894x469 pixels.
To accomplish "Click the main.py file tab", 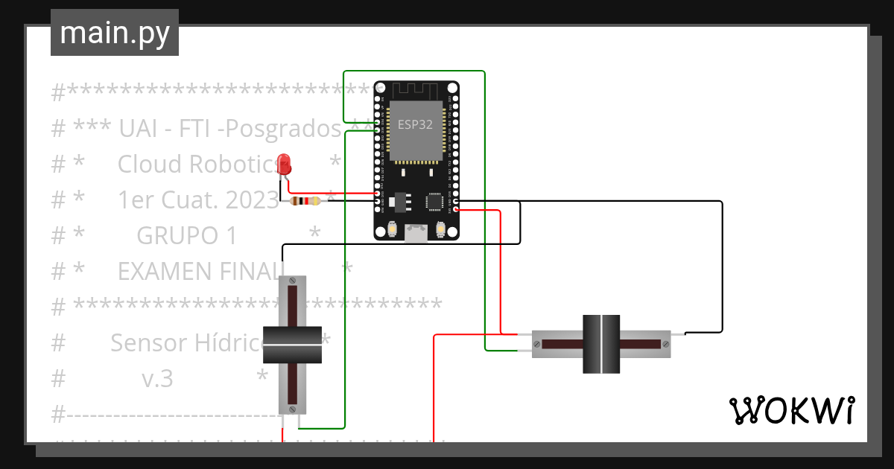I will [114, 33].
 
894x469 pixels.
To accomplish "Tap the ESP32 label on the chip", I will [415, 124].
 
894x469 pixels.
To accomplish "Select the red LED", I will [284, 164].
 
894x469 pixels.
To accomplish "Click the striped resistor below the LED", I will [305, 201].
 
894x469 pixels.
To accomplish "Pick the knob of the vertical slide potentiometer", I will [293, 345].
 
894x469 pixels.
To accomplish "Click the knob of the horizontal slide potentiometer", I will [600, 344].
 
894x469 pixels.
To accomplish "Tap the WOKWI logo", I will [790, 410].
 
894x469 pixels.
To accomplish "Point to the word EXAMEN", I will [166, 271].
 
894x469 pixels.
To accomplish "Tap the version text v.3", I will [157, 379].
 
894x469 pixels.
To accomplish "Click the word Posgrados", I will [283, 129].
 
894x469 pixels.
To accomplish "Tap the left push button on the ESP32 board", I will [392, 230].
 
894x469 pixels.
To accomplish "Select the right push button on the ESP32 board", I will [441, 230].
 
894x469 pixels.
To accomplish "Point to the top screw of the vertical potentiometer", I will [293, 281].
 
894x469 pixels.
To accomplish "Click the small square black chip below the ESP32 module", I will [434, 201].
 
